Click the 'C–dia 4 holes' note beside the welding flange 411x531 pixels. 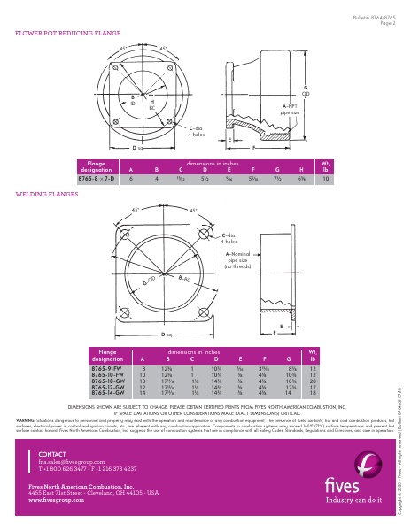[x=230, y=237]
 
